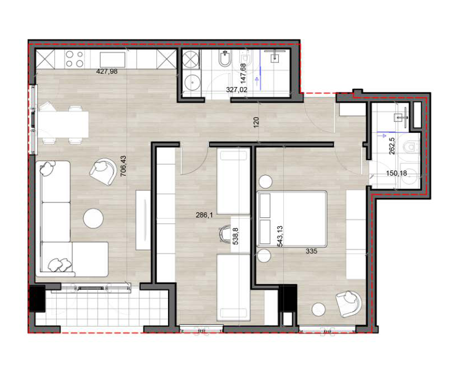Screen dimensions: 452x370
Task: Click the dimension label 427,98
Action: [107, 71]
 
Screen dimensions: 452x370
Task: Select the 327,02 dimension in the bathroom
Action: [236, 90]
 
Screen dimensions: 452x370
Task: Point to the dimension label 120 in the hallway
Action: [257, 122]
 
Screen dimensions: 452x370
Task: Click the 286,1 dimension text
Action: [204, 215]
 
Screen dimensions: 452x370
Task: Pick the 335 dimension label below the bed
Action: [312, 251]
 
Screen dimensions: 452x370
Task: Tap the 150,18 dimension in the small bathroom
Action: [396, 173]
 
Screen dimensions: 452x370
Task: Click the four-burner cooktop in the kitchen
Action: [74, 59]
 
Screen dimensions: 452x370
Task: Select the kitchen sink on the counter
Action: [113, 60]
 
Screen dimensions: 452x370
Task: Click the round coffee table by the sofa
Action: [93, 218]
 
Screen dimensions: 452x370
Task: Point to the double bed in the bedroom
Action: [291, 219]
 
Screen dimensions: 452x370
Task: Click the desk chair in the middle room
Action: [224, 233]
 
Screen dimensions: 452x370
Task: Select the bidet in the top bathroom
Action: [224, 59]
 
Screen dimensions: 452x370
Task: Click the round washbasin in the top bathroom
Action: [192, 82]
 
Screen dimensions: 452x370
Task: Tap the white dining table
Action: [63, 124]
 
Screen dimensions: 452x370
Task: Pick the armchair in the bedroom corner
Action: [348, 304]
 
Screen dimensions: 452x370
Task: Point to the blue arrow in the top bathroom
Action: [256, 81]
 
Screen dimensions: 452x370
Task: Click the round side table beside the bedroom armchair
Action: [319, 310]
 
